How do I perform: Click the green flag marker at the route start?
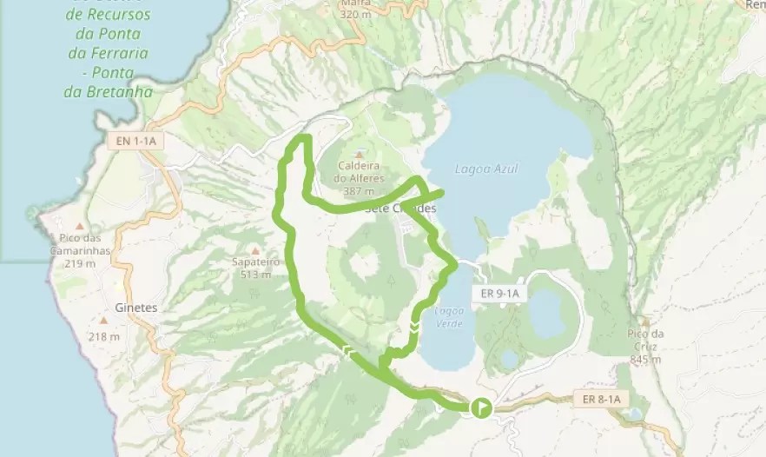point(480,407)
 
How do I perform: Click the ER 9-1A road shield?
point(499,294)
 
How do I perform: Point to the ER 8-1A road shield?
point(598,399)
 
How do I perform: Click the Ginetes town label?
point(136,308)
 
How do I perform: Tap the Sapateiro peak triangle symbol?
point(254,249)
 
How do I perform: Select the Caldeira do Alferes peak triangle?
point(359,154)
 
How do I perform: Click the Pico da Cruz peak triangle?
point(645,321)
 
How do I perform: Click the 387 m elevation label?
point(359,190)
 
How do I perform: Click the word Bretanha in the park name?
point(120,91)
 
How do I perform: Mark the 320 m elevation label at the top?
point(354,14)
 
